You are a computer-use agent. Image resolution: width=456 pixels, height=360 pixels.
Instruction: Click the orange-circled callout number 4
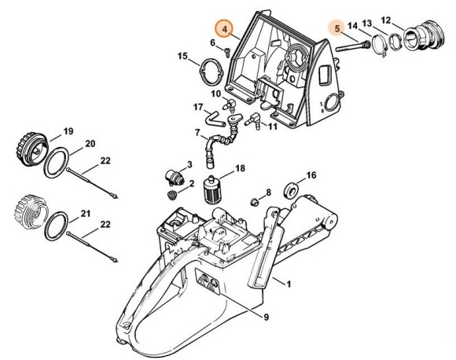click(x=226, y=28)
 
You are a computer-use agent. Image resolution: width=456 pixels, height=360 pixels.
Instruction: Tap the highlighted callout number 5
click(x=336, y=28)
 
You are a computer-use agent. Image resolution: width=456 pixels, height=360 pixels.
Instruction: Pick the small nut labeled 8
click(x=255, y=202)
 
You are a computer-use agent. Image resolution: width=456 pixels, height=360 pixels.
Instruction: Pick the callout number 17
click(x=199, y=106)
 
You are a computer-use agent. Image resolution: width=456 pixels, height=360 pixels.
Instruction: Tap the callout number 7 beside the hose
click(x=198, y=132)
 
